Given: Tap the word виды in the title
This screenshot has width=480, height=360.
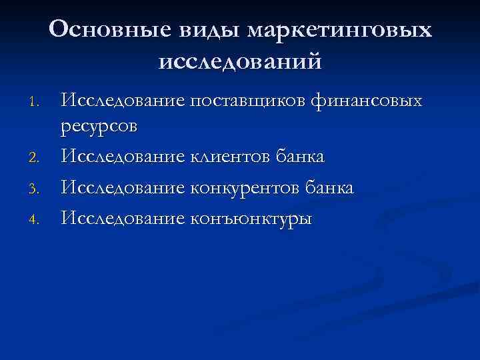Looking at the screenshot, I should coord(203,29).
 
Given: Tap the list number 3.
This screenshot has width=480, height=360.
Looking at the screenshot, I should coord(37,190).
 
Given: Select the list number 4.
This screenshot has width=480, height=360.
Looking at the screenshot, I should coord(37,219).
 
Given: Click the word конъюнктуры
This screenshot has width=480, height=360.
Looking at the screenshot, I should coord(251,219).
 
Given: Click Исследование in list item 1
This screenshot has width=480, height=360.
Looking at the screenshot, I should coord(123,101).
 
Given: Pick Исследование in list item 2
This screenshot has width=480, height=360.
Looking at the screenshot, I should coord(123,157).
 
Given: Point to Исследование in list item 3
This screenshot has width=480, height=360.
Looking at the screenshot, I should coord(123,188).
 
